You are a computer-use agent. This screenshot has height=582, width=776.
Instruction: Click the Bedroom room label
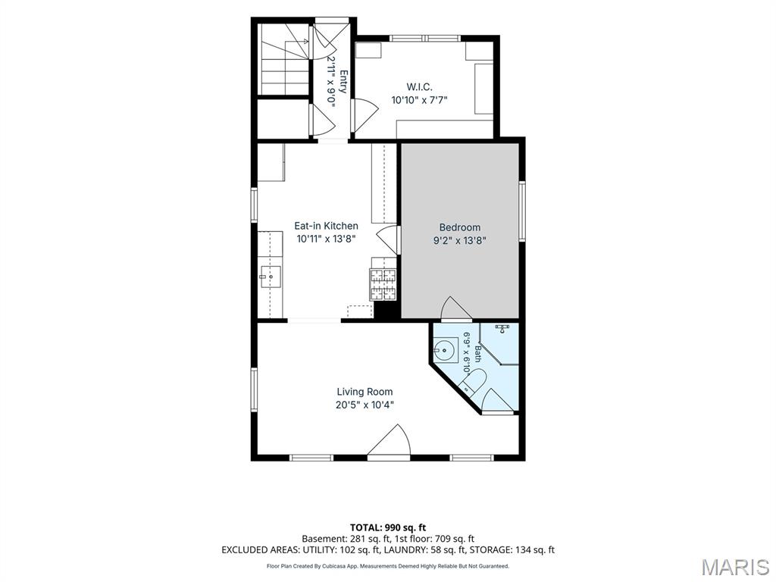coord(460,227)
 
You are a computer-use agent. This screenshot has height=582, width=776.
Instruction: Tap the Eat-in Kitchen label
coord(326,226)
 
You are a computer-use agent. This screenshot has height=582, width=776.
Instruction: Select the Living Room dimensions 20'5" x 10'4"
coord(365,405)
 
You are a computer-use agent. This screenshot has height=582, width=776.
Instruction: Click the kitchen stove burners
coord(383,285)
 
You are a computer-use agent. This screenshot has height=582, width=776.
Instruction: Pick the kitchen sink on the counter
coord(271,277)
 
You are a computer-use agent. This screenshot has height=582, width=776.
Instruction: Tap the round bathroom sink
coord(446,350)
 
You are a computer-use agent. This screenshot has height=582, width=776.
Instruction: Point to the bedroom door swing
coord(455,308)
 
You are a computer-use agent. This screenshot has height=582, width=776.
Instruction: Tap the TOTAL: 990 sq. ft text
coord(388,527)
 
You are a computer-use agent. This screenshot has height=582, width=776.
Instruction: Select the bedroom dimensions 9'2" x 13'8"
coord(460,241)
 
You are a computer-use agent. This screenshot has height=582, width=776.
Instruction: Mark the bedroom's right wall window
coord(522,211)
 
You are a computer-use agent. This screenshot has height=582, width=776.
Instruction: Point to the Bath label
coord(477,354)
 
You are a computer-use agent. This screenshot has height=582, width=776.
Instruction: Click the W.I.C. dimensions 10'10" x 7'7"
coord(419,101)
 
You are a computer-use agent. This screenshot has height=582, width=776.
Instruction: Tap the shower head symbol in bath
coord(502,328)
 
